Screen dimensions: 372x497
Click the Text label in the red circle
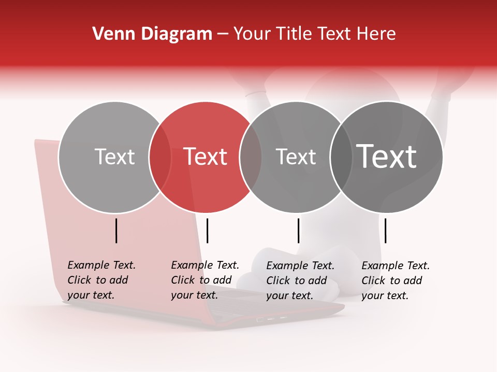(x=206, y=157)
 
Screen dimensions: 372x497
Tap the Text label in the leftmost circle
(x=114, y=157)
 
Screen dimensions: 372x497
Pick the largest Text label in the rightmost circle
(x=387, y=157)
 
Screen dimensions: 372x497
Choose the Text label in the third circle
(x=296, y=157)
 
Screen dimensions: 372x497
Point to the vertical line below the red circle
(x=207, y=230)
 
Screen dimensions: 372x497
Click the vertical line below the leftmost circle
(x=116, y=230)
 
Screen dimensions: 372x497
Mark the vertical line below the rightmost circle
(x=386, y=230)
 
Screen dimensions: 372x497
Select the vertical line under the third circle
(x=299, y=230)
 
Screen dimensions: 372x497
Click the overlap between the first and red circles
(x=160, y=157)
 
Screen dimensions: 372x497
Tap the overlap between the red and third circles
(x=251, y=157)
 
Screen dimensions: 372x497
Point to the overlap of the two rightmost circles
(x=341, y=157)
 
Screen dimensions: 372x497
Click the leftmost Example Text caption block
(x=101, y=280)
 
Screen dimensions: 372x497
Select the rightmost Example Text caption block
(x=395, y=281)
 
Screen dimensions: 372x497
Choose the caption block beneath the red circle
(x=204, y=280)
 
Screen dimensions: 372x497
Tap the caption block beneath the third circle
(x=300, y=281)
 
